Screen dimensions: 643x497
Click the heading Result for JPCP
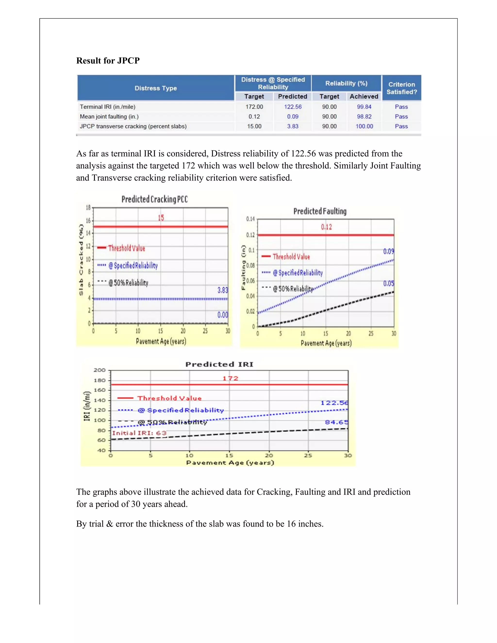108,61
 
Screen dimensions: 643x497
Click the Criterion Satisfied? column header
401,88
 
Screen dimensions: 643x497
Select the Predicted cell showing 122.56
293,107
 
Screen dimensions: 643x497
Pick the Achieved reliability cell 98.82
364,116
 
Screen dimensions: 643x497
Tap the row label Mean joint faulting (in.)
109,116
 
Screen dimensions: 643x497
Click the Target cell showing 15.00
254,126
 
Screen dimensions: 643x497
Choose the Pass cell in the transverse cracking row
401,126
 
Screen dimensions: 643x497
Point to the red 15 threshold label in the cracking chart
161,218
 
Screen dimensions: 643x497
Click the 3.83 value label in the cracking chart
223,290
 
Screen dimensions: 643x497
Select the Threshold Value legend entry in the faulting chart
291,257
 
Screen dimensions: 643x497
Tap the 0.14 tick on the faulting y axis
250,219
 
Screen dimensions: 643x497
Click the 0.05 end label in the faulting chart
388,283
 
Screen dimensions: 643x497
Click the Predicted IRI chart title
219,364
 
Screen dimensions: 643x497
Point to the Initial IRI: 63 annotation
139,433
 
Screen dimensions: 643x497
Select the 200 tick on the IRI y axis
99,370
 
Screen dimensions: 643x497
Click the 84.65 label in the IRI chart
336,422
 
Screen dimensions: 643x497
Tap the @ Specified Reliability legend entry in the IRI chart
181,410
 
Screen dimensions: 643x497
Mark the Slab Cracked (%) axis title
81,260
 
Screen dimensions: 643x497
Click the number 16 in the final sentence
291,524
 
